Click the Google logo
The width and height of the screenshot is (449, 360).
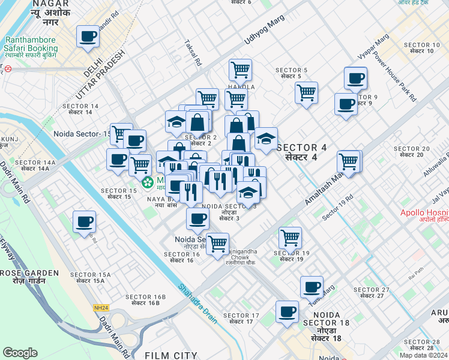[20, 353]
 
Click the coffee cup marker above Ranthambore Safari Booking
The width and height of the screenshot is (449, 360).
[88, 37]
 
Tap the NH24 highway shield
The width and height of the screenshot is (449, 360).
[101, 308]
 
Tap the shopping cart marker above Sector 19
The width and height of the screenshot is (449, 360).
[291, 237]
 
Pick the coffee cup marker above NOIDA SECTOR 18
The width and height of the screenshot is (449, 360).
[287, 312]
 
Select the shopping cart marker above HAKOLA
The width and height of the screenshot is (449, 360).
[240, 69]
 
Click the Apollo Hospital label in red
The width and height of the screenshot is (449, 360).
[425, 213]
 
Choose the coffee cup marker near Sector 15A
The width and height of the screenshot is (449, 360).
[84, 221]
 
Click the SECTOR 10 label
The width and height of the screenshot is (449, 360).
[422, 48]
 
